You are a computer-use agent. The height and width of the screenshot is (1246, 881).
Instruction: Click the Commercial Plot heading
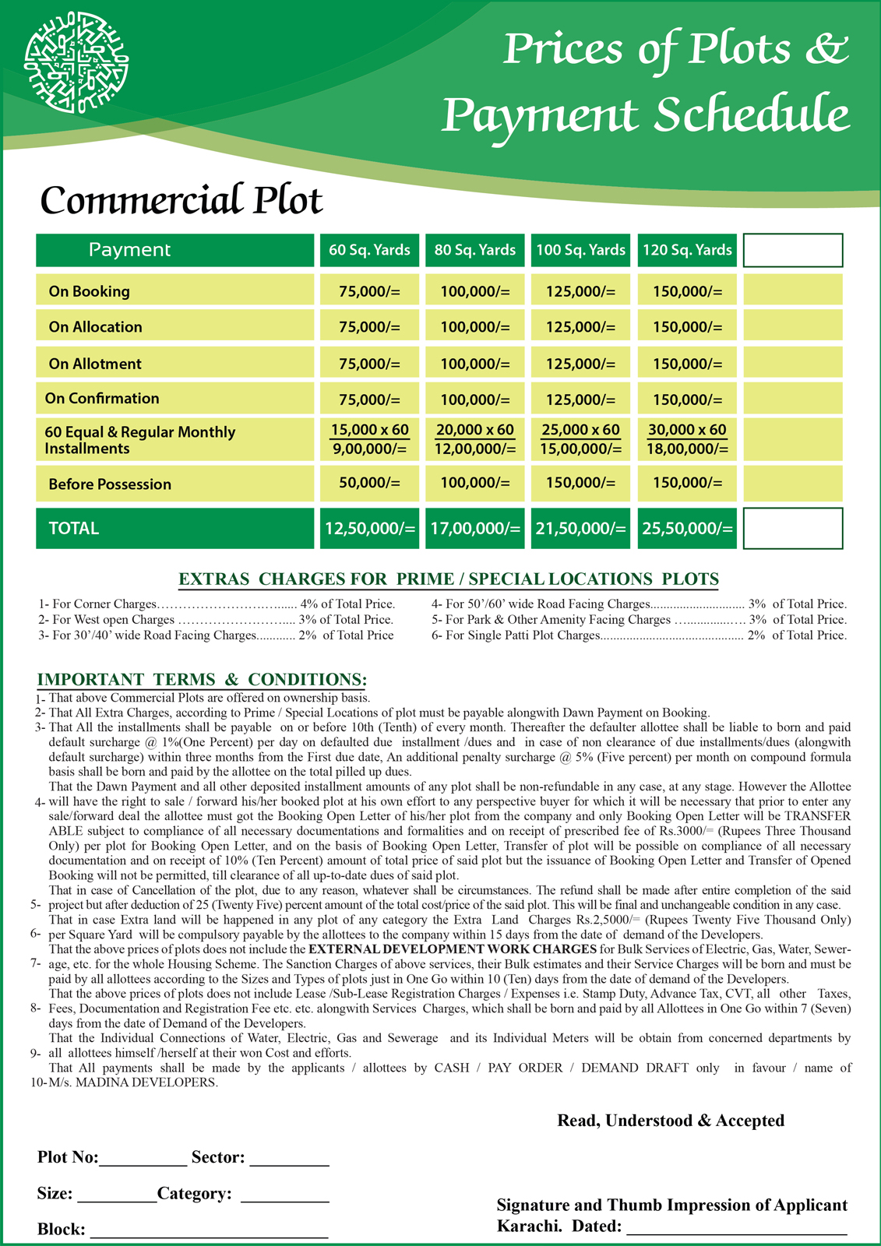pyautogui.click(x=181, y=200)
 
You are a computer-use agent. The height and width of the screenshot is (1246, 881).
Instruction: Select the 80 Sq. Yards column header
pyautogui.click(x=475, y=250)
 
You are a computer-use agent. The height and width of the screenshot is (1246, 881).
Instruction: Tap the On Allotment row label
pyautogui.click(x=95, y=364)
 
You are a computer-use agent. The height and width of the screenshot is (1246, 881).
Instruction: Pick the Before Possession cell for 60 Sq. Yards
pyautogui.click(x=369, y=483)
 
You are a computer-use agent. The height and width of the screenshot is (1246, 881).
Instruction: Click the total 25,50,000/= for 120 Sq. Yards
pyautogui.click(x=687, y=529)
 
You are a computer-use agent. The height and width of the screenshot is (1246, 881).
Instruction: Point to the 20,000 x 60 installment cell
pyautogui.click(x=475, y=430)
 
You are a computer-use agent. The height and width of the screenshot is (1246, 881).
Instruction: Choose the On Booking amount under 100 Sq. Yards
pyautogui.click(x=580, y=291)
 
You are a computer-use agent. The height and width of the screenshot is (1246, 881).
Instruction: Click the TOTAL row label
pyautogui.click(x=74, y=529)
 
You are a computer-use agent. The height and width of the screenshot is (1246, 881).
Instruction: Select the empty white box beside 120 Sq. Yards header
pyautogui.click(x=793, y=250)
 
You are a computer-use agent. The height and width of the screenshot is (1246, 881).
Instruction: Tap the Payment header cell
pyautogui.click(x=129, y=250)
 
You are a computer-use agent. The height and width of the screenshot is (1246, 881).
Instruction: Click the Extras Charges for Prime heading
pyautogui.click(x=448, y=579)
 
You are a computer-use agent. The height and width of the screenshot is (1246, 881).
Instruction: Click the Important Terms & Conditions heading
pyautogui.click(x=202, y=680)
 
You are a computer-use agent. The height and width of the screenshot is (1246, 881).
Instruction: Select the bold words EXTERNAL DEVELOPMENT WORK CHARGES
pyautogui.click(x=453, y=949)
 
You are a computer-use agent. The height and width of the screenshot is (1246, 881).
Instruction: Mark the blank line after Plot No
pyautogui.click(x=143, y=1159)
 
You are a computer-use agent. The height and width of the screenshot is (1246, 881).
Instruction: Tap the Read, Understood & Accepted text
pyautogui.click(x=671, y=1121)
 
